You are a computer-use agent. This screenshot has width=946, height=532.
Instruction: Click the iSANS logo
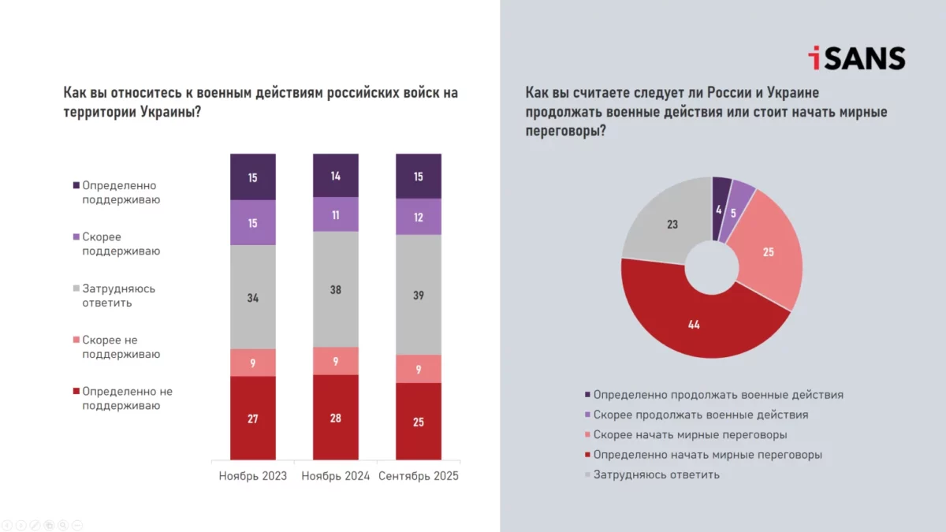856,58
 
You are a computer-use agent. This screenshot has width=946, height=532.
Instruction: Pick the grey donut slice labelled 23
670,225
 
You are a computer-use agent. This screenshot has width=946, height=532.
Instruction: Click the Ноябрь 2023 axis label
252,476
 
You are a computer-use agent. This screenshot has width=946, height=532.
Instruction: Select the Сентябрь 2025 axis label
419,476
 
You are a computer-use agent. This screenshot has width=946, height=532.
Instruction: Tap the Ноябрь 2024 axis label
336,476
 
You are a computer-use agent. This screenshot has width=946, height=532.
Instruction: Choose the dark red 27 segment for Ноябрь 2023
253,419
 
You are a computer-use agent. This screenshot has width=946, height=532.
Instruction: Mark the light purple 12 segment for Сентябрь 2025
419,217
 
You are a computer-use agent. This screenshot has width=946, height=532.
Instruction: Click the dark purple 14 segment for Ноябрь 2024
336,176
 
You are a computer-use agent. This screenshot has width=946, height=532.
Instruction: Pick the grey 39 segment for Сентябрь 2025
419,294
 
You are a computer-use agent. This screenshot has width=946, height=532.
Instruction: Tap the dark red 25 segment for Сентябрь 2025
419,422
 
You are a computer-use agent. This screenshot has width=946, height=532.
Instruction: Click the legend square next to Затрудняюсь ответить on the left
76,288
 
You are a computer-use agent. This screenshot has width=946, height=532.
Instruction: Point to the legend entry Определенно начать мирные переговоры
707,455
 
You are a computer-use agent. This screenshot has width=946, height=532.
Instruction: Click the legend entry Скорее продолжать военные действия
700,415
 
